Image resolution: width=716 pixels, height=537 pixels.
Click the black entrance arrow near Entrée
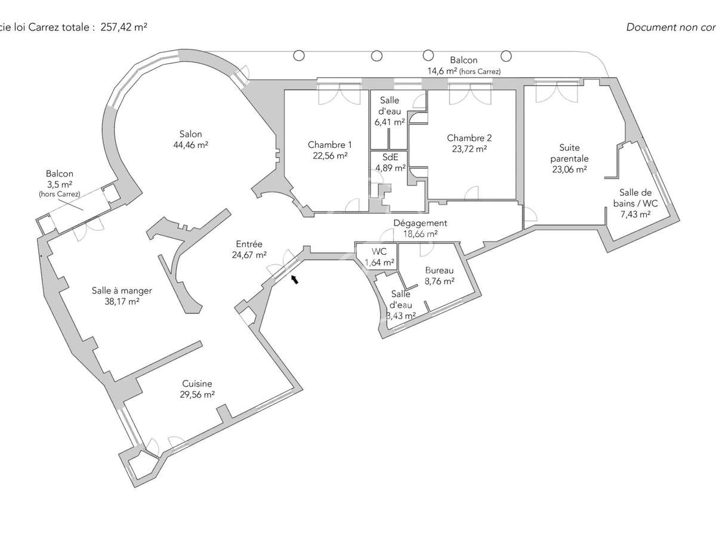pos(295,279)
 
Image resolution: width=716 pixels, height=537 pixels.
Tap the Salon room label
pos(190,134)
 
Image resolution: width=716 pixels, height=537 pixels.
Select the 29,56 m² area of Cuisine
pos(197,394)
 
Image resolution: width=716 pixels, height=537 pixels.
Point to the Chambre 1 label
pos(329,144)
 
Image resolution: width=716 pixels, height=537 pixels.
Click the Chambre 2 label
pos(469,138)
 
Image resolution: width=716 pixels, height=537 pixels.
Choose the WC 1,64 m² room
pos(379,257)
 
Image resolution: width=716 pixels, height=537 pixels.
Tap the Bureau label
pos(439,270)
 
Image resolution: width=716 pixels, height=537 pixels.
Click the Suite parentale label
pos(570,153)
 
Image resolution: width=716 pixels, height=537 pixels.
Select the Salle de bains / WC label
pos(635,198)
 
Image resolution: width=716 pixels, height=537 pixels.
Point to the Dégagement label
pos(420,223)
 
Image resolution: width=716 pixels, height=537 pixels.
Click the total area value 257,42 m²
pos(124,27)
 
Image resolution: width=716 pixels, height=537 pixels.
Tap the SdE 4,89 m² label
pos(390,162)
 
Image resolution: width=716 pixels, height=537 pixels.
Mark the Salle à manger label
pos(122,291)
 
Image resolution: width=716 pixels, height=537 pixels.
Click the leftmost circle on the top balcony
pos(299,55)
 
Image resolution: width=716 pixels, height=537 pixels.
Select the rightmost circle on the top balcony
pos(506,56)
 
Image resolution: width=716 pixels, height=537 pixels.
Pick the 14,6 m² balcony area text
pos(442,71)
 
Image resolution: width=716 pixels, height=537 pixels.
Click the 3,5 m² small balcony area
pos(60,184)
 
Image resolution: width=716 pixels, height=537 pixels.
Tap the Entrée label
pos(249,244)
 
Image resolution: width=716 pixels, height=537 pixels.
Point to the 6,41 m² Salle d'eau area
pos(390,122)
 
